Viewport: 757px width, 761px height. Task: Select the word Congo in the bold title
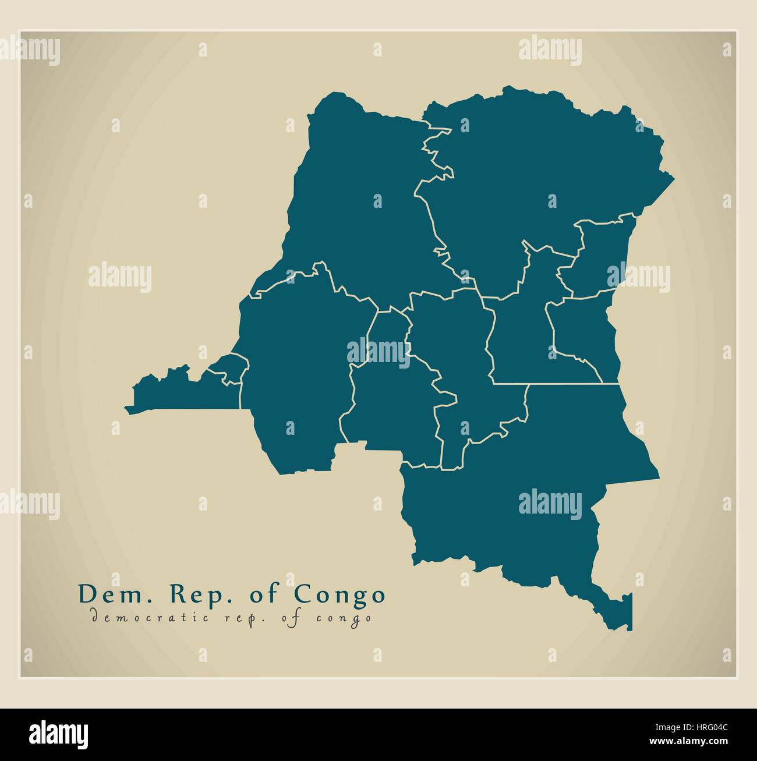pyautogui.click(x=339, y=594)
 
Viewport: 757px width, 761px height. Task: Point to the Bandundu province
pyautogui.click(x=297, y=373)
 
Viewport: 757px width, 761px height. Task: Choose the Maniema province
pyautogui.click(x=518, y=338)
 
